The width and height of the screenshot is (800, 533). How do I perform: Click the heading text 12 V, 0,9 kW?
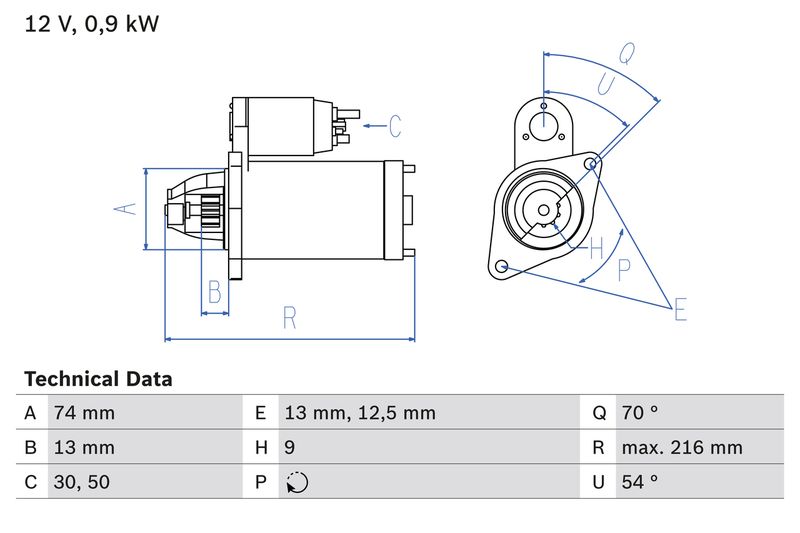click(91, 24)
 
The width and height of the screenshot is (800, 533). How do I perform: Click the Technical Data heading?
click(98, 379)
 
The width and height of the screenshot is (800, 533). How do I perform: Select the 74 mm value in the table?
click(85, 413)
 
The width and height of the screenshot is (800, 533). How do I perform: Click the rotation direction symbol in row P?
click(297, 482)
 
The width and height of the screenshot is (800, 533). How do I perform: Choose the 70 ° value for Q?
click(640, 413)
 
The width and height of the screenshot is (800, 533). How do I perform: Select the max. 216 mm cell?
click(681, 447)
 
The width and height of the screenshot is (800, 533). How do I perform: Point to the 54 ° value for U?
click(640, 482)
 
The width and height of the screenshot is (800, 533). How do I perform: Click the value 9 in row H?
click(290, 447)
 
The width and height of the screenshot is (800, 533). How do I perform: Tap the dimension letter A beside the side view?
click(123, 209)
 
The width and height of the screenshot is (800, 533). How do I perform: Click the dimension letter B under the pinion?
click(214, 292)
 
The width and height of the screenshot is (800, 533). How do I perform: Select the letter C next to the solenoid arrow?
click(395, 126)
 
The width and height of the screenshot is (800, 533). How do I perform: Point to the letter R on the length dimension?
click(290, 318)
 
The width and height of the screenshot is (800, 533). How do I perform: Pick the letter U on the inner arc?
click(604, 86)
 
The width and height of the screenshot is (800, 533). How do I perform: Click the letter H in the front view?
click(596, 247)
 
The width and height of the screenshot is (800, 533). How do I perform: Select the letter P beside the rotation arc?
click(625, 267)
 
